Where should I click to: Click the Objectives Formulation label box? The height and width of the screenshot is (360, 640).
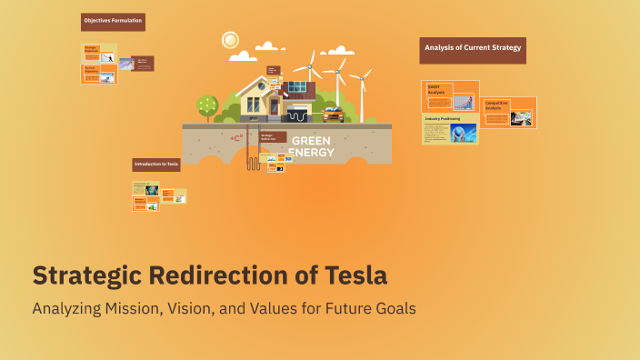113,20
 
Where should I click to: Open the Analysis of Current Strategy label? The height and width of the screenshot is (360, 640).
473,48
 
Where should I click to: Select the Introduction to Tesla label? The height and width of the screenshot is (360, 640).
156,165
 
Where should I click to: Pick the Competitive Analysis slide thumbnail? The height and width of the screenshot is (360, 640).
508,112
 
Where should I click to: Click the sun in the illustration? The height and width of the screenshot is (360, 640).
230,40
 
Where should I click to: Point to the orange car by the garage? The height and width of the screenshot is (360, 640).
333,115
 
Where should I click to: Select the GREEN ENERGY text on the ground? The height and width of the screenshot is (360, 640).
311,146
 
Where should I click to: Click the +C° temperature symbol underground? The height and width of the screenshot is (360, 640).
236,138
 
